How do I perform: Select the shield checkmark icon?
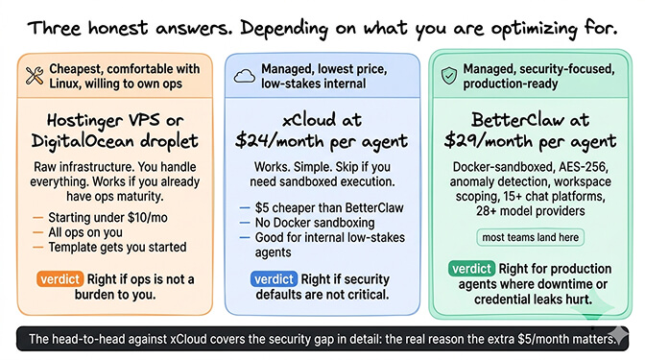tap(448, 75)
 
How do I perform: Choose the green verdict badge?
tap(474, 268)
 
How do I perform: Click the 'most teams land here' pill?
tap(530, 237)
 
